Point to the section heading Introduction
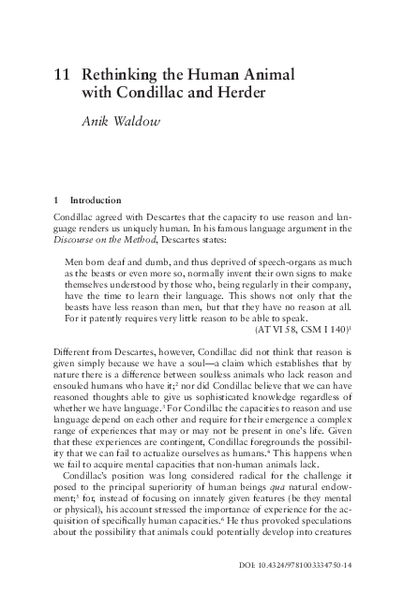(x=99, y=200)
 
